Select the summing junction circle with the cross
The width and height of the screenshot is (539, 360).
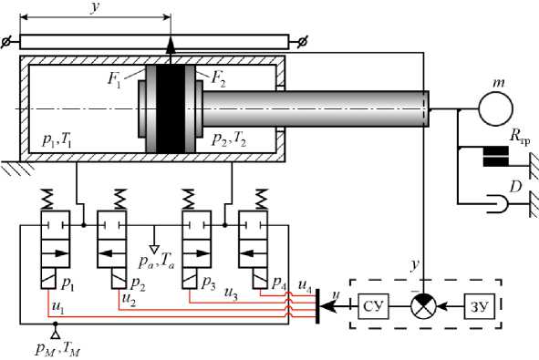click(x=423, y=306)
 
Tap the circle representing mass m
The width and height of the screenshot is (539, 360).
click(x=496, y=108)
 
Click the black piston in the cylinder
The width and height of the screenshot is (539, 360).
click(x=171, y=108)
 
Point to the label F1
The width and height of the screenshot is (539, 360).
click(x=114, y=79)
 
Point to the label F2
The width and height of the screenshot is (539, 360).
click(x=219, y=78)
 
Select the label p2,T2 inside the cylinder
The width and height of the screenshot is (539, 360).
click(x=229, y=139)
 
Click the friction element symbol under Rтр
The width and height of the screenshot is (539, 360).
click(x=496, y=156)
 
